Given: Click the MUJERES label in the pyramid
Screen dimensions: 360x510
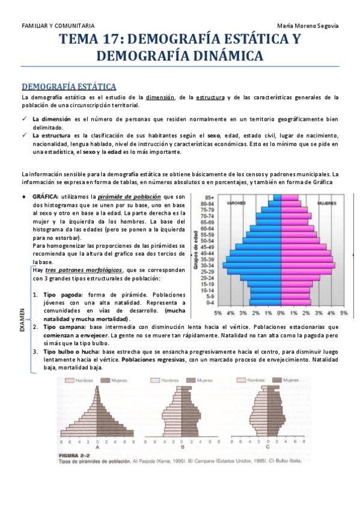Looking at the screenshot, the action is tap(327, 203).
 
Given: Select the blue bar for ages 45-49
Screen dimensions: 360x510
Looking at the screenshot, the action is tap(258, 247).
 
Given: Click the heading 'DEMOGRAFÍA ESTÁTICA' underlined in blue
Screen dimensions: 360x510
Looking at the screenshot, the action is tap(69, 87).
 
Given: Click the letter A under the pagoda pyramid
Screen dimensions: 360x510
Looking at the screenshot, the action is tap(97, 447).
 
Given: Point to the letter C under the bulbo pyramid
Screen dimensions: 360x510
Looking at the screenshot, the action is tap(268, 447).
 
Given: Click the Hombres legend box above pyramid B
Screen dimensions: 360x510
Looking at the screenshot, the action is tap(161, 381).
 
